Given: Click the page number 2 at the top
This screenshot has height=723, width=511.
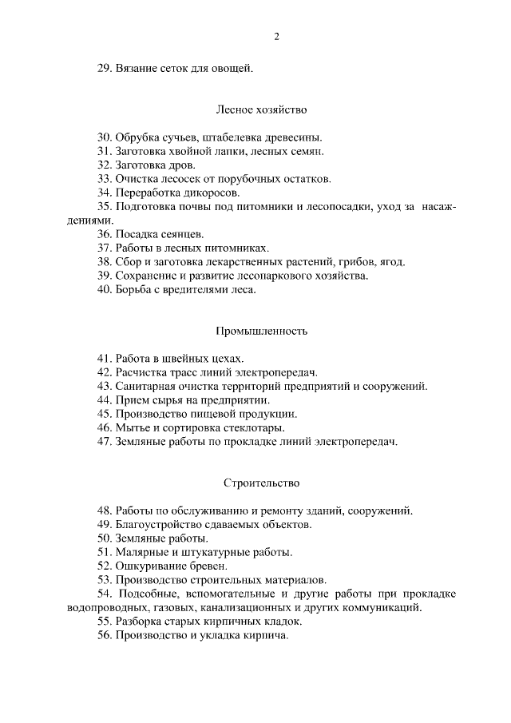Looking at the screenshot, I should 276,37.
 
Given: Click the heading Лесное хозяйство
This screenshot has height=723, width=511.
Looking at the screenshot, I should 261,108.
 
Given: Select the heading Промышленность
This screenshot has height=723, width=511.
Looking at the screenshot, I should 261,330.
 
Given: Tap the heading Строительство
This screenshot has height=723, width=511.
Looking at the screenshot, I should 261,483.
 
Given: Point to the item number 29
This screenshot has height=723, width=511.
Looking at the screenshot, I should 105,69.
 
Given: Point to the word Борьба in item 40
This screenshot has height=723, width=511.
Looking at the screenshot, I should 134,289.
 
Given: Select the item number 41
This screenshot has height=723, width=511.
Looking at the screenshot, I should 105,359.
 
